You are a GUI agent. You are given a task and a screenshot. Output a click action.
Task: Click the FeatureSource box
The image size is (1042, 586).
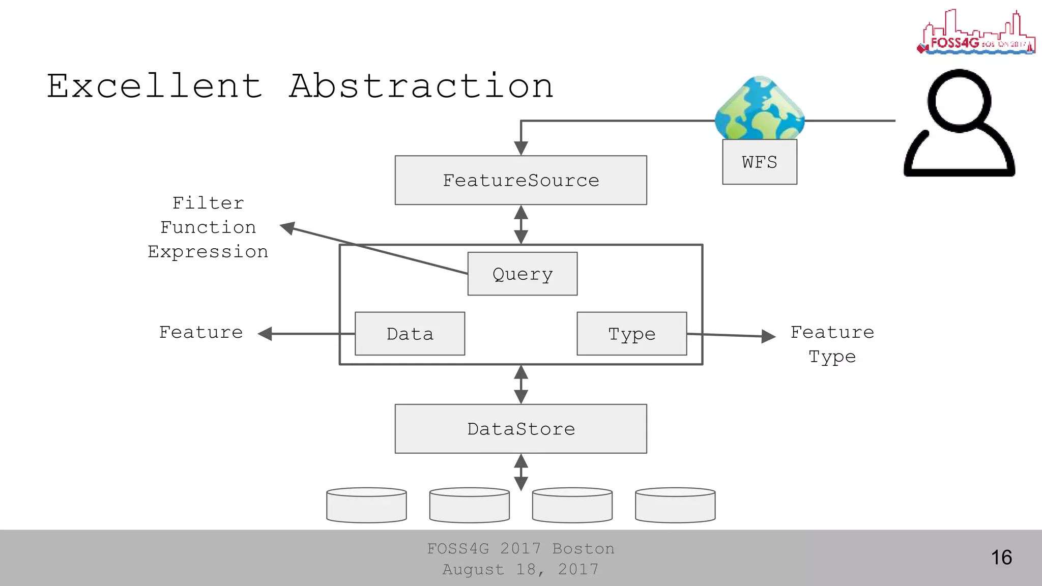pyautogui.click(x=520, y=180)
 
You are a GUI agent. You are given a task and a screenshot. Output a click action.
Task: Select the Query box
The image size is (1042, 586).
pyautogui.click(x=522, y=274)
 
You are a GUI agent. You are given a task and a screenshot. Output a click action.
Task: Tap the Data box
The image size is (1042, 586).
pyautogui.click(x=410, y=334)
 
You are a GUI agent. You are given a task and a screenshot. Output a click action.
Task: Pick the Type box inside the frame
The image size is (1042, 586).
pyautogui.click(x=631, y=334)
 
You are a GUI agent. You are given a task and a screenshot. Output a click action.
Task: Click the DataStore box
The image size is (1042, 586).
pyautogui.click(x=520, y=429)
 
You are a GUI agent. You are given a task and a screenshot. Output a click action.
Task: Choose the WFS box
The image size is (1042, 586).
pyautogui.click(x=759, y=162)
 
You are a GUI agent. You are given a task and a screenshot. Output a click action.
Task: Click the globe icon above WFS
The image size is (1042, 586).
pyautogui.click(x=759, y=108)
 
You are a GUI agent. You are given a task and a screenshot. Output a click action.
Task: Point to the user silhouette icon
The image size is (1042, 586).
pyautogui.click(x=959, y=125)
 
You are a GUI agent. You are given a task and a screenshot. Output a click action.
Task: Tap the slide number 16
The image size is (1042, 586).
pyautogui.click(x=1001, y=558)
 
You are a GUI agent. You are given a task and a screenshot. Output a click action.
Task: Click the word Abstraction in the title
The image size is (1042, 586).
pyautogui.click(x=421, y=86)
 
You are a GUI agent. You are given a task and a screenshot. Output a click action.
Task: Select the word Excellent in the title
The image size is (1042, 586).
pyautogui.click(x=155, y=86)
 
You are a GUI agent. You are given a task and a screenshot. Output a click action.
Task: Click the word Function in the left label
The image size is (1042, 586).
pyautogui.click(x=208, y=227)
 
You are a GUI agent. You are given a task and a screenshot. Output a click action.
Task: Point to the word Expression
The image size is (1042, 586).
pyautogui.click(x=208, y=252)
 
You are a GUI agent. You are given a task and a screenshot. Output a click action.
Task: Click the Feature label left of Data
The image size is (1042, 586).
pyautogui.click(x=201, y=332)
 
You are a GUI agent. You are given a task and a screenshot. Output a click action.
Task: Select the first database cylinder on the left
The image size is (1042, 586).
pyautogui.click(x=366, y=505)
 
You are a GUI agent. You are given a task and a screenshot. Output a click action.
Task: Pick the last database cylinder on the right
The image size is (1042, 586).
pyautogui.click(x=675, y=505)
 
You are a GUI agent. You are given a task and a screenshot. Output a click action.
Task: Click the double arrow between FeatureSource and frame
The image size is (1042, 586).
pyautogui.click(x=520, y=224)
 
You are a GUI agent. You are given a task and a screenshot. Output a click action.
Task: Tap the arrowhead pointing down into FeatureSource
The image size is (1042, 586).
pyautogui.click(x=520, y=148)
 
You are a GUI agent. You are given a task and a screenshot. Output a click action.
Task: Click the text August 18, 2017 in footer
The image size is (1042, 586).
pyautogui.click(x=520, y=569)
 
